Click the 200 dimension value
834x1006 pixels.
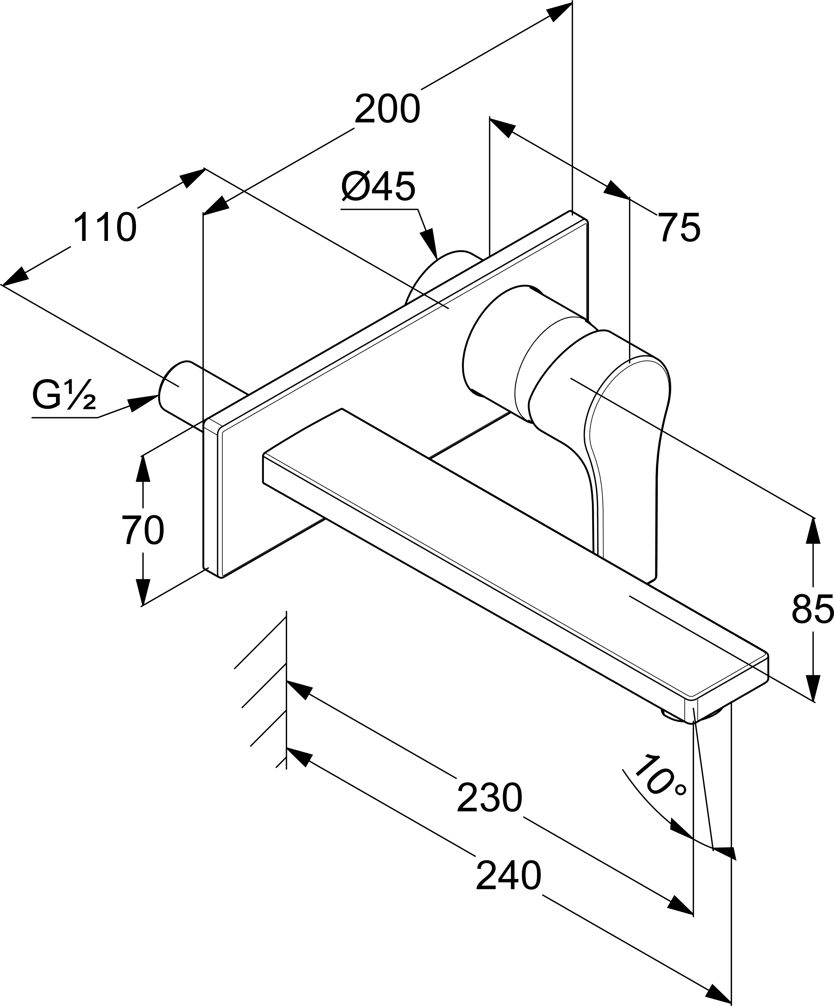(x=387, y=110)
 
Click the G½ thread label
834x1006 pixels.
(x=64, y=395)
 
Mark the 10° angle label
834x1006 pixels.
(x=661, y=777)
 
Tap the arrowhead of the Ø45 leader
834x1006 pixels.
(x=429, y=244)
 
